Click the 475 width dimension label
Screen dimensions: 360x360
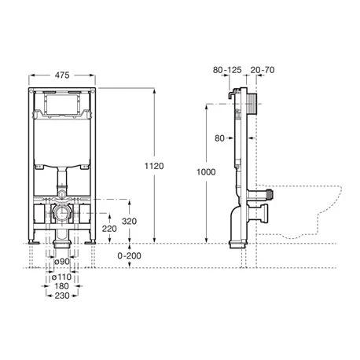[x=62, y=75]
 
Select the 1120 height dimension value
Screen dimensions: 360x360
[x=154, y=166]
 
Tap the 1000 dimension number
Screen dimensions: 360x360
[x=206, y=172]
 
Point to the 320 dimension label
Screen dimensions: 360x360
[x=129, y=221]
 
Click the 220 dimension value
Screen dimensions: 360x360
[x=109, y=229]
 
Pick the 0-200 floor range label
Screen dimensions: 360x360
[x=129, y=255]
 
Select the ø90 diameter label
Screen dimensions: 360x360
[x=62, y=261]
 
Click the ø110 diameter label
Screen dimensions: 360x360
[x=61, y=277]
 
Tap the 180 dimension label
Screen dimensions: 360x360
[x=61, y=286]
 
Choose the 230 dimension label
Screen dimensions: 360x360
[x=62, y=296]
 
